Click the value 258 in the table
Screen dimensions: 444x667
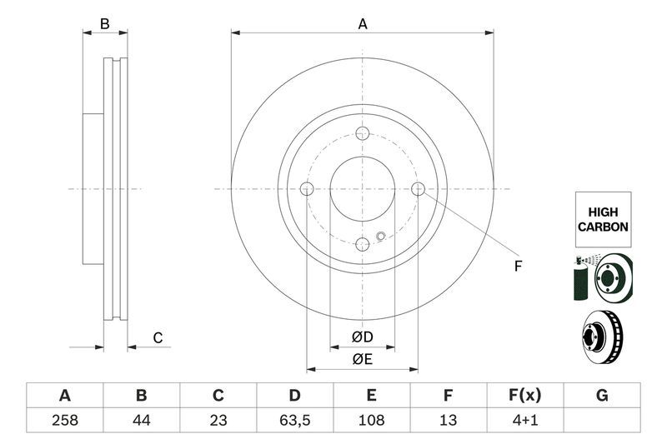coord(64,421)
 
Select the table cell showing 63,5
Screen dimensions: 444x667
coord(294,421)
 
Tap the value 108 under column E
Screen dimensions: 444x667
coord(372,421)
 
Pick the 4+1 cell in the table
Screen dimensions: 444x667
coord(525,421)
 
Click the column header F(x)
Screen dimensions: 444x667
coord(525,395)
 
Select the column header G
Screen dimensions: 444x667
coord(602,395)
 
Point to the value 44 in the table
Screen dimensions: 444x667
coord(141,421)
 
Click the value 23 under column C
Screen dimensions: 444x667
coord(218,421)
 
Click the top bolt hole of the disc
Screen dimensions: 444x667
coord(363,133)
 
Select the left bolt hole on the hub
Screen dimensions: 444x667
coord(307,189)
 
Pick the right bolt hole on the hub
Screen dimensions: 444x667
coord(419,189)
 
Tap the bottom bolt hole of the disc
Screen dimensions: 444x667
coord(363,244)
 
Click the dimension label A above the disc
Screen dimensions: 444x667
coord(363,24)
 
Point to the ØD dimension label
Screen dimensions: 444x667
coord(362,337)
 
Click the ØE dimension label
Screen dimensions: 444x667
coord(362,359)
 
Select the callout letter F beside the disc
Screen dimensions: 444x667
coord(518,267)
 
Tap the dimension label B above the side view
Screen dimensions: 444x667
coord(104,24)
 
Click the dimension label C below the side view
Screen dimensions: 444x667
coord(157,337)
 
